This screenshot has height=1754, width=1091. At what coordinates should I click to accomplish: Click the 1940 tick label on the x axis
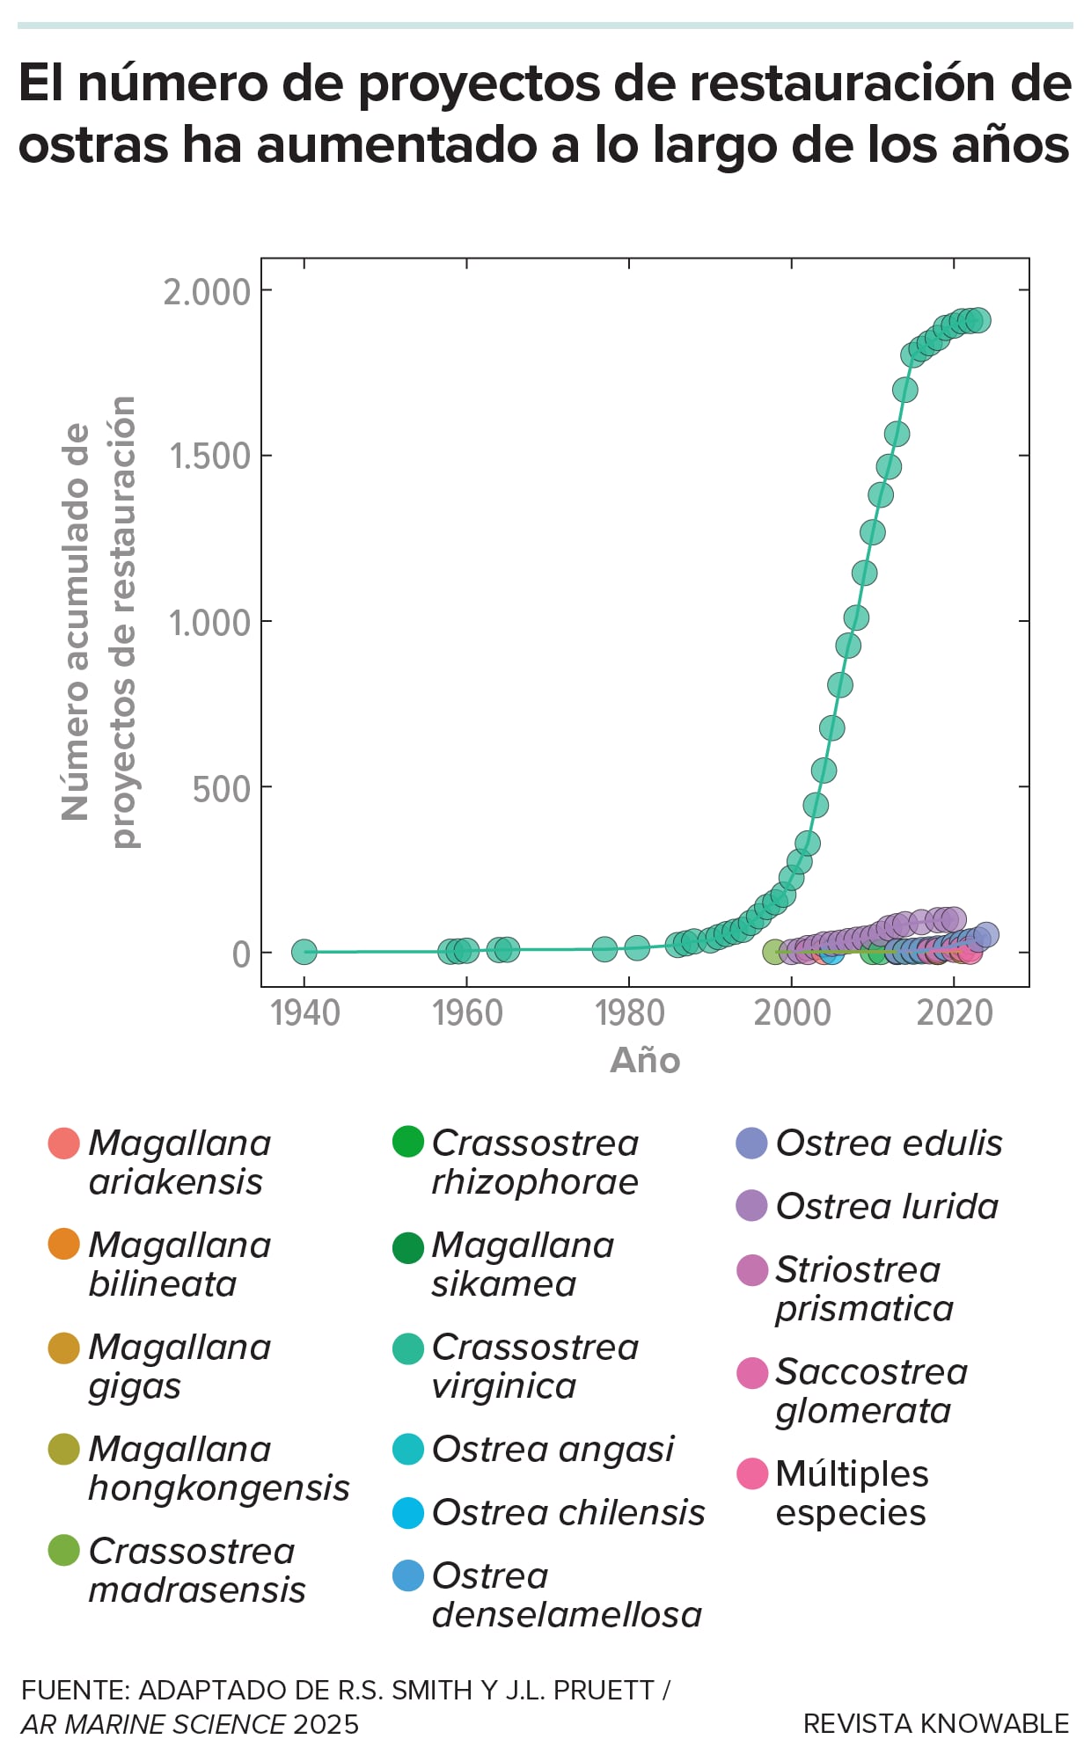pos(304,1013)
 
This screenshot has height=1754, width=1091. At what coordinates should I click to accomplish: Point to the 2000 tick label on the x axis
pos(792,1013)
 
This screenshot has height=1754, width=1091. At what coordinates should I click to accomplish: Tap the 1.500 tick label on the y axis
pos(209,457)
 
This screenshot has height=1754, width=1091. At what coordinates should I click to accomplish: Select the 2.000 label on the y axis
pos(207,292)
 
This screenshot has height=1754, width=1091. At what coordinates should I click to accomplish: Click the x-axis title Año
pos(645,1060)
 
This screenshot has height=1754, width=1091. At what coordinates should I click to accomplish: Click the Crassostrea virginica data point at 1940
pos(304,951)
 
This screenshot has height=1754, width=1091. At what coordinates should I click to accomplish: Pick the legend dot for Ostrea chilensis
pos(408,1513)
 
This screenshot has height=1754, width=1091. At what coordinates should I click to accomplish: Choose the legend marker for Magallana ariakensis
pos(64,1144)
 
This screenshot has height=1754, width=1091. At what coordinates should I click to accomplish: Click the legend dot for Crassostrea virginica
pos(408,1348)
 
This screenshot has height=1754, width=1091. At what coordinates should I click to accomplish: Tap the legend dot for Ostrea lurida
pos(752,1206)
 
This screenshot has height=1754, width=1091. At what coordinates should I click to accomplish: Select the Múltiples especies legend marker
pos(752,1473)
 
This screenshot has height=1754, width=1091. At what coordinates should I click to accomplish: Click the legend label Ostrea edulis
pos(889,1144)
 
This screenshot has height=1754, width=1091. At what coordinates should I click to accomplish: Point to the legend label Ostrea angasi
pos(553,1450)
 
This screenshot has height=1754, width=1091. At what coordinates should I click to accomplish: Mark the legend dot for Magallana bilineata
pos(64,1246)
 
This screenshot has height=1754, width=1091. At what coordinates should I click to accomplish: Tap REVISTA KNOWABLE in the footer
pos(936,1723)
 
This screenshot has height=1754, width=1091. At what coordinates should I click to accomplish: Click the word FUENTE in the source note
pos(74,1690)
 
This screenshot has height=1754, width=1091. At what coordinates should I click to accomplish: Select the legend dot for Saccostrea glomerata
pos(752,1372)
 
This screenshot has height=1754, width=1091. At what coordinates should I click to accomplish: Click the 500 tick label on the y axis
pos(221,789)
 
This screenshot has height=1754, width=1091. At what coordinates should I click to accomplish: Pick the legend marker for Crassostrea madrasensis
pos(64,1551)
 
